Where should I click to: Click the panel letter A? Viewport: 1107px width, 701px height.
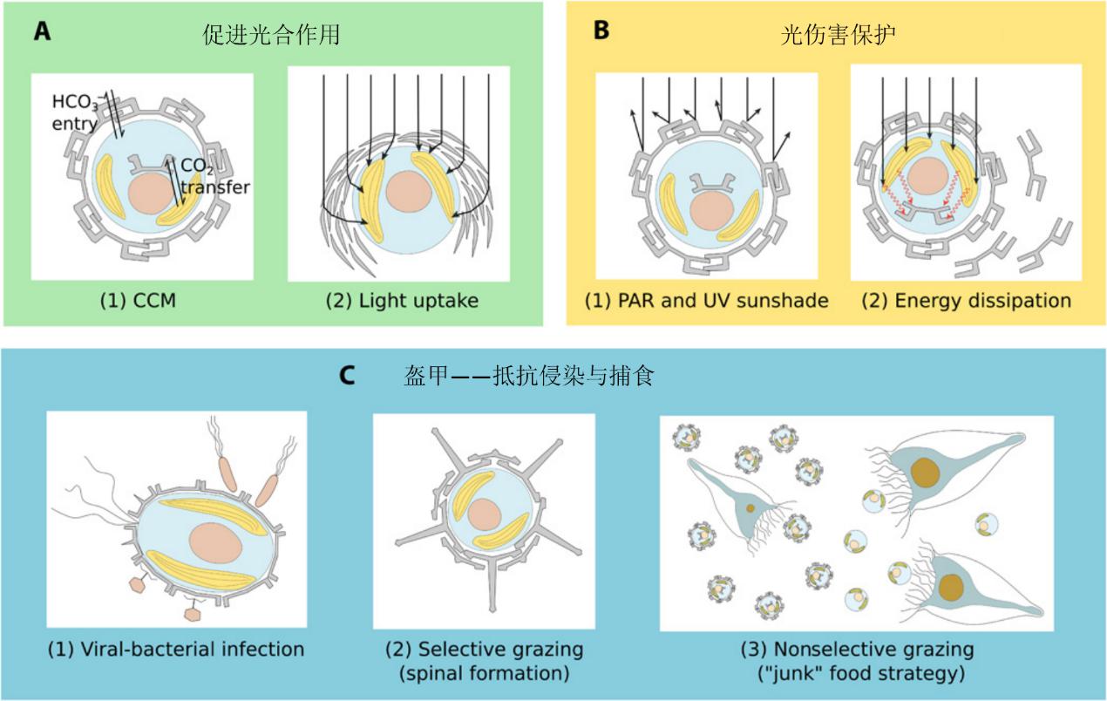[42, 31]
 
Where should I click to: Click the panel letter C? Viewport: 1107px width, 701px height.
[347, 376]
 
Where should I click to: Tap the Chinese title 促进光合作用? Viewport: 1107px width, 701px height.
[268, 35]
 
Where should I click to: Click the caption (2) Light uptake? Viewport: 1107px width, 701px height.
[402, 302]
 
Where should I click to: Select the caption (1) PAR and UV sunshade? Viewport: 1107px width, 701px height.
[706, 302]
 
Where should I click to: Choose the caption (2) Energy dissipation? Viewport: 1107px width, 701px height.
[966, 302]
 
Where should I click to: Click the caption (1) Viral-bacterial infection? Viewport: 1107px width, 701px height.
[176, 649]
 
